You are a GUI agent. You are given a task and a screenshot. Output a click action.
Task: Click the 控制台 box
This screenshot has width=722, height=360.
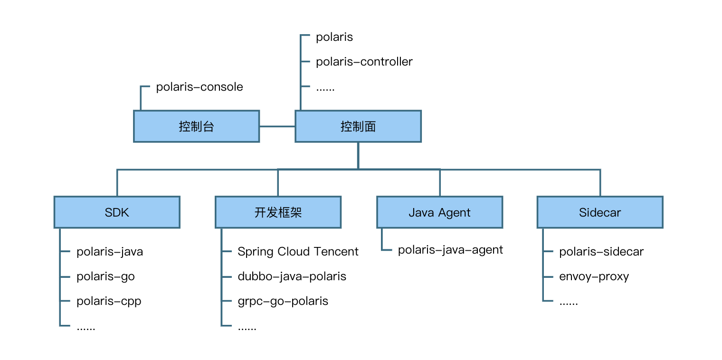click(x=196, y=126)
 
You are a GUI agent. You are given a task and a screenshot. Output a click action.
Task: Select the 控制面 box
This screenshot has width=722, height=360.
click(x=358, y=126)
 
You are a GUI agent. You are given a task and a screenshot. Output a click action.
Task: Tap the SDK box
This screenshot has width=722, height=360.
click(x=117, y=212)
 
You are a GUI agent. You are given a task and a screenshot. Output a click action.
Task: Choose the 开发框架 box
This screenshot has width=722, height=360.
click(x=278, y=212)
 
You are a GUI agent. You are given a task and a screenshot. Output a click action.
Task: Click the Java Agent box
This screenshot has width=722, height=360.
click(x=439, y=212)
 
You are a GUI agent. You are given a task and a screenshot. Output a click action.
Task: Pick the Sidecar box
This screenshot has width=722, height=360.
click(x=600, y=212)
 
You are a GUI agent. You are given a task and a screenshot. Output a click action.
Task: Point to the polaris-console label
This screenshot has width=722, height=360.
click(x=199, y=87)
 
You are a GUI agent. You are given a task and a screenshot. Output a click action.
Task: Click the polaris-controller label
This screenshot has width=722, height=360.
click(x=364, y=62)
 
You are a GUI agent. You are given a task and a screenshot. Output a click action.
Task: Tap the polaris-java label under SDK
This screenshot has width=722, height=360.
click(x=110, y=251)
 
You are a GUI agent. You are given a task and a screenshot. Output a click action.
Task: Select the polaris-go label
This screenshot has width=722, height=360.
click(x=105, y=276)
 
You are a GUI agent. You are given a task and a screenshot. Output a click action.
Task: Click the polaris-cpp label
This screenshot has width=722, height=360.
click(x=109, y=301)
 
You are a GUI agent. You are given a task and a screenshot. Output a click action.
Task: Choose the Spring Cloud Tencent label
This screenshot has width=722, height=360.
click(x=298, y=251)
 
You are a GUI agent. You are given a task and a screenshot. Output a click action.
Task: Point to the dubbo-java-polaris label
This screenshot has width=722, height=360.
click(x=292, y=276)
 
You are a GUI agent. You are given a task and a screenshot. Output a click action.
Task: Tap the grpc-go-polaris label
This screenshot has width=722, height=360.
click(x=283, y=301)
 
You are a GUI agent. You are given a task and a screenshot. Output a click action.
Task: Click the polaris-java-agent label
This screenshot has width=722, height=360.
click(x=450, y=250)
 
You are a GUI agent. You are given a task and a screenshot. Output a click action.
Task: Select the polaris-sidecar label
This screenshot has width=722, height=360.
click(x=601, y=251)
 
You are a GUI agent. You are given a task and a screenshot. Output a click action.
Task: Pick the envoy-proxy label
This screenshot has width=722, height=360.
click(x=594, y=276)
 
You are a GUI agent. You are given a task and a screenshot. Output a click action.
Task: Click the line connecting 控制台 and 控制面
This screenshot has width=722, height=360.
click(x=277, y=126)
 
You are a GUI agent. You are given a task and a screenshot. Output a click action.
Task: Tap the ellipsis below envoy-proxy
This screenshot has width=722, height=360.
click(x=569, y=303)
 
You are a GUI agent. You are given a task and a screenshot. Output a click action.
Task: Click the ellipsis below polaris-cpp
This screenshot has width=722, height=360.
click(x=86, y=328)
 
